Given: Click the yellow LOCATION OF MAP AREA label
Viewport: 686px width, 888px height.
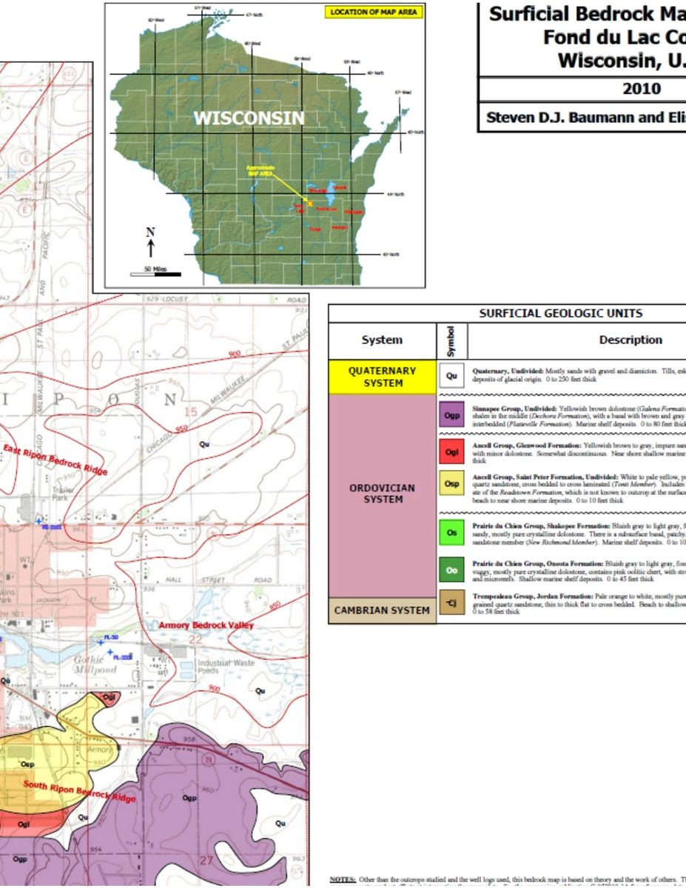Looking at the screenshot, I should tap(374, 12).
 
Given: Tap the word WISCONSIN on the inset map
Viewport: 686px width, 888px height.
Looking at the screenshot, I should tap(249, 118).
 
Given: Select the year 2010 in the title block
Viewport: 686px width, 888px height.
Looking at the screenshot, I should tap(641, 90).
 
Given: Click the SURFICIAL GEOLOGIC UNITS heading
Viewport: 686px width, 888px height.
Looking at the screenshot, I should tap(560, 313).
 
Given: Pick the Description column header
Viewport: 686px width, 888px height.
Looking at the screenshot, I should tap(630, 340).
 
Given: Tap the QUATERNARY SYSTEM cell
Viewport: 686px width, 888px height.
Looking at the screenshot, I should tap(382, 377).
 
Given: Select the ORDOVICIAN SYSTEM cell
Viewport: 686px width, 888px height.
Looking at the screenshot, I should tap(382, 494).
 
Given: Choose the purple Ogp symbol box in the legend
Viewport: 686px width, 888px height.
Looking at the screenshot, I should tap(452, 417).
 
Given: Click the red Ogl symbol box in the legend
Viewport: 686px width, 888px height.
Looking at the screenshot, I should tap(452, 451).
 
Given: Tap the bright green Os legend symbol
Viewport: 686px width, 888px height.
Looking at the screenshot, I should tap(452, 532).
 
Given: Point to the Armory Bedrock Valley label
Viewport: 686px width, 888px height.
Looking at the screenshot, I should tap(206, 626).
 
